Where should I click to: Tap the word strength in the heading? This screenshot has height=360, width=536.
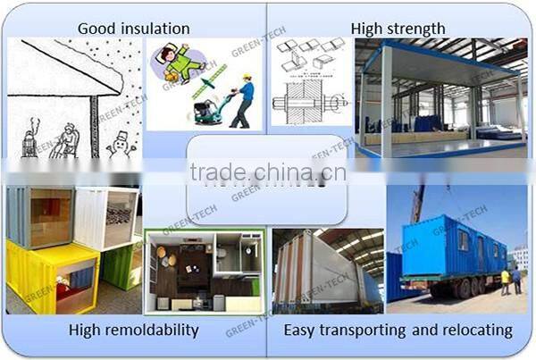coord(411,29)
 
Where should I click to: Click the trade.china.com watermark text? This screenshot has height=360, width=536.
coord(268,172)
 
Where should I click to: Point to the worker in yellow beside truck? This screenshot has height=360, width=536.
coord(505,280)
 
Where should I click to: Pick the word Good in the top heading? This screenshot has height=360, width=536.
coord(96,29)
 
